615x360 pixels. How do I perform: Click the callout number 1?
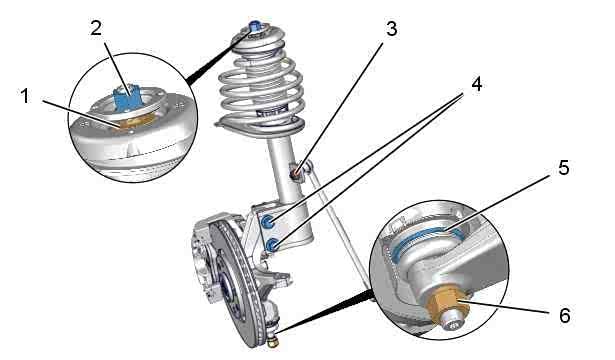click(25, 96)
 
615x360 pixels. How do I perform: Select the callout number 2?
click(96, 28)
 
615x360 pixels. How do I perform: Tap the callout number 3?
click(391, 29)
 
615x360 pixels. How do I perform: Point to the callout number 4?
click(477, 85)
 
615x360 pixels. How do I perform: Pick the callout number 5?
click(564, 168)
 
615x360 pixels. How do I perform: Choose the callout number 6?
click(564, 315)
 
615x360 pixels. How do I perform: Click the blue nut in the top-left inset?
click(127, 96)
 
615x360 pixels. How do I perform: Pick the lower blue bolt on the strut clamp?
click(271, 245)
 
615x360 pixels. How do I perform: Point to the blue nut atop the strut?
click(255, 25)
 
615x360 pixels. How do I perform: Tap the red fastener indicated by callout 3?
click(296, 172)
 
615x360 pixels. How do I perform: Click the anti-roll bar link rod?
click(338, 227)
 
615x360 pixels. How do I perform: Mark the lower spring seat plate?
click(260, 127)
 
